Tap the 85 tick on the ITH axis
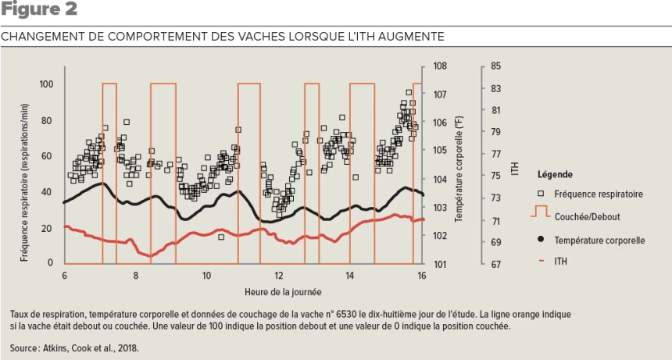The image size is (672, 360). tap(495, 66)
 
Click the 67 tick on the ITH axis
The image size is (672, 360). tap(495, 264)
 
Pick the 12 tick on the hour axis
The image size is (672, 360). tap(278, 276)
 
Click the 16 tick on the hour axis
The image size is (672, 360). tap(422, 276)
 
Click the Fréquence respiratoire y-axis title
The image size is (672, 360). tap(23, 173)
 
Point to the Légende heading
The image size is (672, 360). tap(554, 174)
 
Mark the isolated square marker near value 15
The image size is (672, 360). tap(221, 237)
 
